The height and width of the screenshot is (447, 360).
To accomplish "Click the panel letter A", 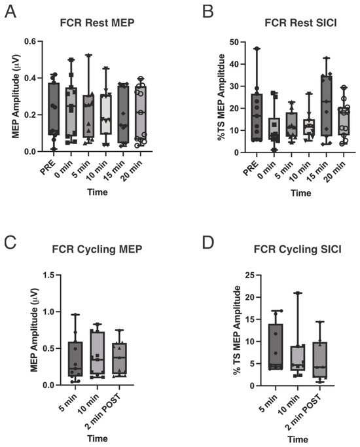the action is pos(10,12).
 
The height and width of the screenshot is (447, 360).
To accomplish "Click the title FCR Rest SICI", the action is pos(300,23).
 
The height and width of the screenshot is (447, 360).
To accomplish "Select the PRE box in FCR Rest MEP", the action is pos(54,109).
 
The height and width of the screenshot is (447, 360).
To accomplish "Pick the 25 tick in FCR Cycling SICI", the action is pos(251,275).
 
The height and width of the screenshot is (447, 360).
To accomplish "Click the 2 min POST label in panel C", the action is pos(103,412).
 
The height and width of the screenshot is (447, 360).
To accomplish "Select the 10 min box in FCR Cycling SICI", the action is pos(298,358).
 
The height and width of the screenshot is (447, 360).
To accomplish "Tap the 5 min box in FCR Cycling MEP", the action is pos(75,359).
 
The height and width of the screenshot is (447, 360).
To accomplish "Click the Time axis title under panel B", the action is pos(300,193).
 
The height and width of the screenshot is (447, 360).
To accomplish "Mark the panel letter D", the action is pos(208,243).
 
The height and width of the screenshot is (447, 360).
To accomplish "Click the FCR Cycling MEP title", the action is pos(97,249).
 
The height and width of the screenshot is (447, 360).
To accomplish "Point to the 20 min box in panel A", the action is pos(141,114).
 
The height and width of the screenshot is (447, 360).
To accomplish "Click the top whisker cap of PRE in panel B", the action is pos(257,48).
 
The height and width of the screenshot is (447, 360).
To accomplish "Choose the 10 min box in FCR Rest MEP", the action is pos(106,114).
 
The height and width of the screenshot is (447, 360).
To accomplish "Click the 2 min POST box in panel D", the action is pos(320,360).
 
